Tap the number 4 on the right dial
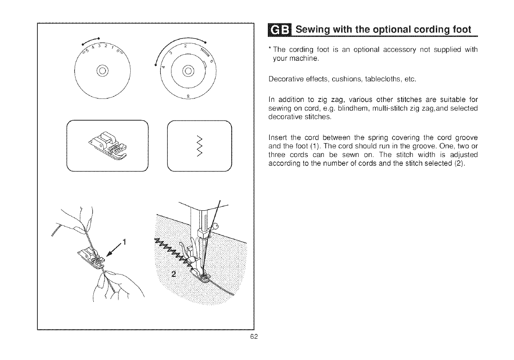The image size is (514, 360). coord(163,68)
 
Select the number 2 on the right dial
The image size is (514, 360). coord(185,46)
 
